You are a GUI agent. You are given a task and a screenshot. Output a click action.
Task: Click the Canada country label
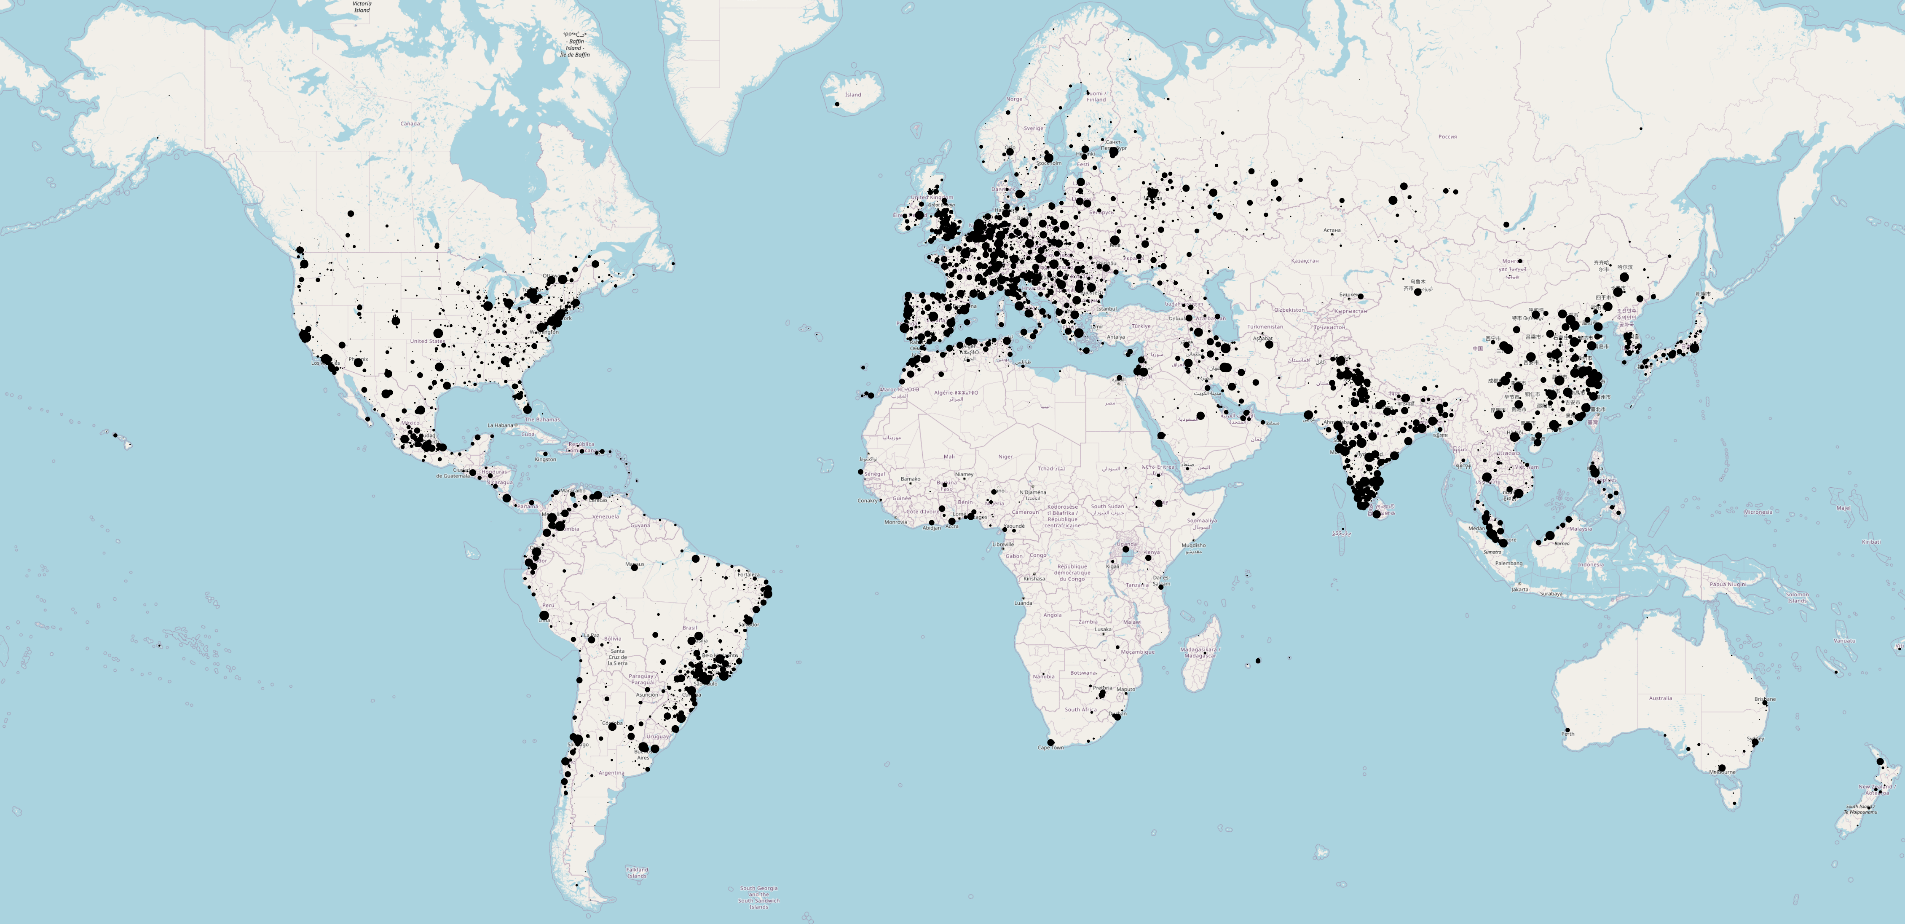(x=410, y=123)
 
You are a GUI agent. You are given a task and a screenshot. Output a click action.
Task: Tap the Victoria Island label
(x=362, y=7)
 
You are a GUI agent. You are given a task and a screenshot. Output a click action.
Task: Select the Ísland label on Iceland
(x=853, y=95)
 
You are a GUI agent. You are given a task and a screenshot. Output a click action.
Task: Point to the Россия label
(x=1447, y=137)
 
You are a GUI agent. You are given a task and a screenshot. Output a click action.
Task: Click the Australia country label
(x=1660, y=698)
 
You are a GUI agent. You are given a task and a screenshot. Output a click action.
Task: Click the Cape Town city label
(x=1050, y=748)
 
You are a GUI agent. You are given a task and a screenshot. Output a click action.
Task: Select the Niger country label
(x=1005, y=457)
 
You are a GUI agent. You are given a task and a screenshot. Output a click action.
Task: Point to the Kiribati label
(x=1871, y=542)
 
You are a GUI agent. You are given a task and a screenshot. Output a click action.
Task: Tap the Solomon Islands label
(x=1797, y=597)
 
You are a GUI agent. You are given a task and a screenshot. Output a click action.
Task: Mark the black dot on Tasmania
(x=1734, y=803)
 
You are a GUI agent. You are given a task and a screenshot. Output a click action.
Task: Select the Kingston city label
(x=545, y=459)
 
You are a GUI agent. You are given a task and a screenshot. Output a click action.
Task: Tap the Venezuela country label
(x=605, y=517)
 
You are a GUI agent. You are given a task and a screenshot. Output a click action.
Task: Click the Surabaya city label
(x=1551, y=593)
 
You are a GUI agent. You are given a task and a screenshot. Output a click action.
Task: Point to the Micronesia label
(x=1758, y=512)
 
